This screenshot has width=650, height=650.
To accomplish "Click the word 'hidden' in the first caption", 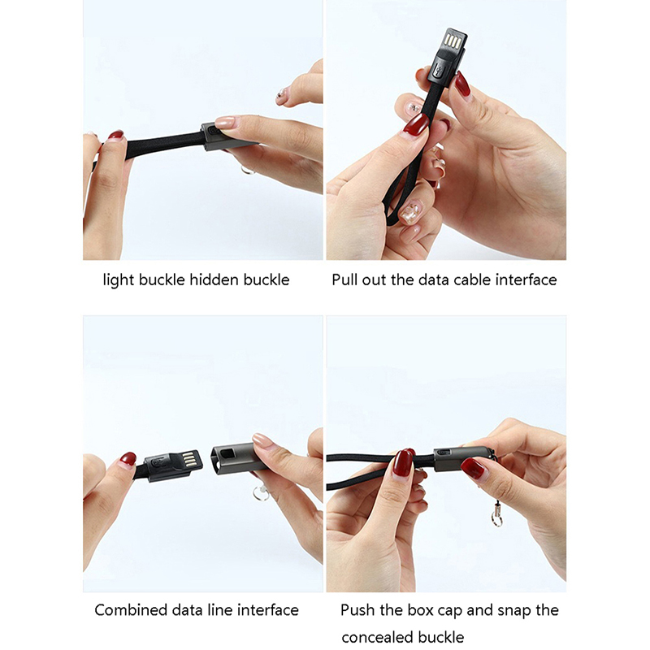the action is [214, 279].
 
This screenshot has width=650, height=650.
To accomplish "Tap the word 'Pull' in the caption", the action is [344, 279].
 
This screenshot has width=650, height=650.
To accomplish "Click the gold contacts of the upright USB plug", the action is [453, 41].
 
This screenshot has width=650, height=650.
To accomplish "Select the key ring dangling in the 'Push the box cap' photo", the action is [496, 519].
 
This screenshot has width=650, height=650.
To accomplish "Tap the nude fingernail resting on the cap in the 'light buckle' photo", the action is [226, 123].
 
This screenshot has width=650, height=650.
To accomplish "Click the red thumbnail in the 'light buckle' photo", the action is [115, 135].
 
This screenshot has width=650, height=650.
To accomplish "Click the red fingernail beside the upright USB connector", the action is [461, 84].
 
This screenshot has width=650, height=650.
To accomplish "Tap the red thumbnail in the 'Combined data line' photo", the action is [128, 458].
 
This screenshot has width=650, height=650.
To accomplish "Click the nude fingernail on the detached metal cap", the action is [262, 440].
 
